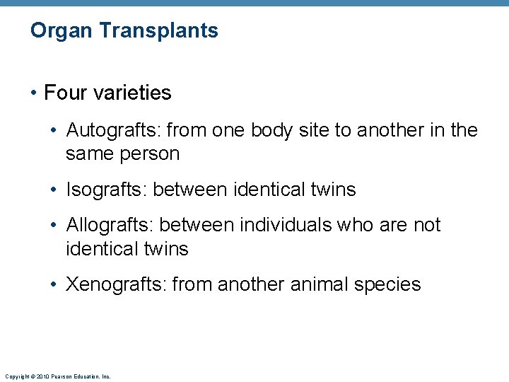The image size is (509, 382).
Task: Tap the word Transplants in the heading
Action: [x=159, y=31]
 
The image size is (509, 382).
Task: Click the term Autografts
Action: [x=109, y=131]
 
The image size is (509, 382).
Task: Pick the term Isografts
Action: [x=106, y=190]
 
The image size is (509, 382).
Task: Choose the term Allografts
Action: [x=110, y=226]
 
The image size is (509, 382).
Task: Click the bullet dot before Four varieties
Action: [x=35, y=93]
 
